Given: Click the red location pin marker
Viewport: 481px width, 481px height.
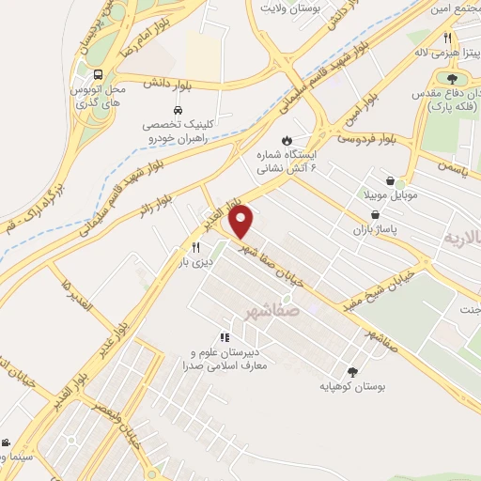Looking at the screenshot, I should click(242, 222).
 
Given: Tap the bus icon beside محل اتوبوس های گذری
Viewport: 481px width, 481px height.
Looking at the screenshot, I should click(99, 73).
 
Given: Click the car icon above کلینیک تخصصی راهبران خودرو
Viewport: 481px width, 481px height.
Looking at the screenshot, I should click(178, 109).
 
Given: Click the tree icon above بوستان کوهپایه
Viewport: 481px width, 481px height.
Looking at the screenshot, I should click(352, 372).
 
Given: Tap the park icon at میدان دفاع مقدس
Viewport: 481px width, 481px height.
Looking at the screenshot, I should click(452, 80).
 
